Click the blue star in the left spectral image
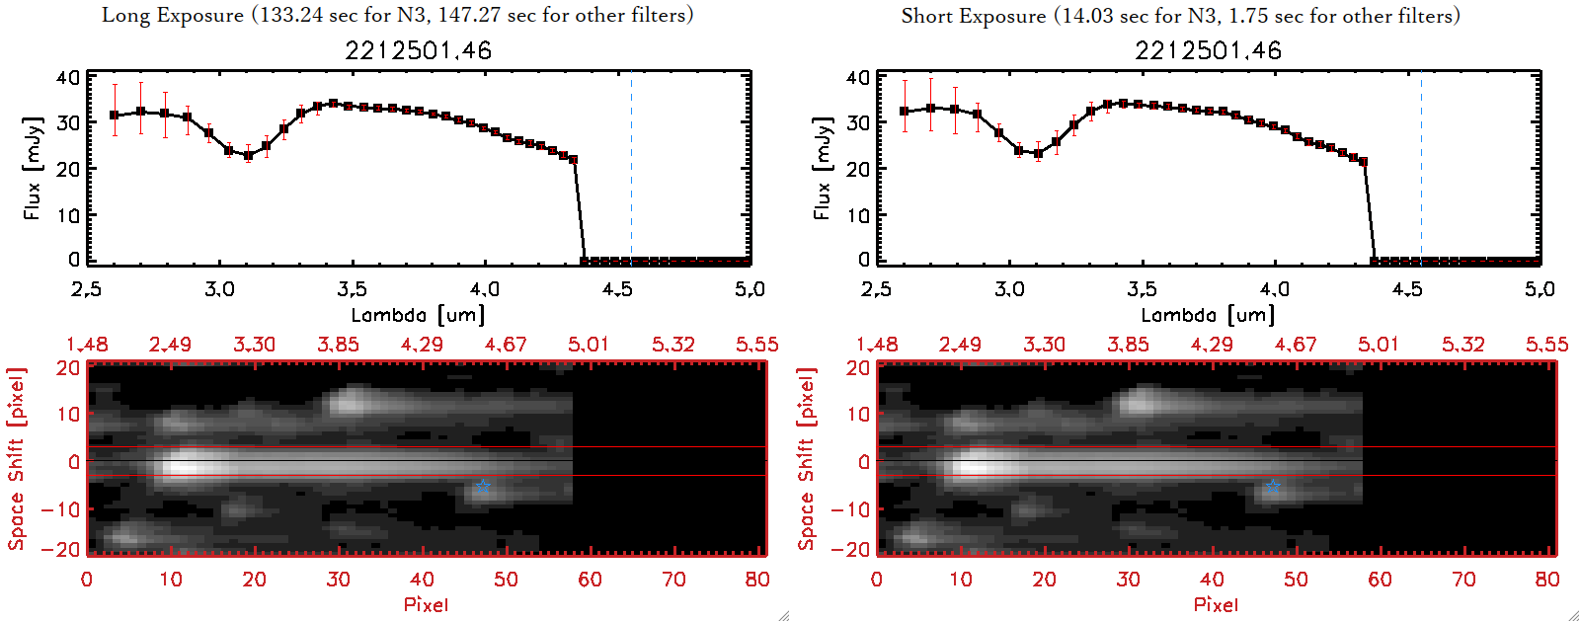coord(482,486)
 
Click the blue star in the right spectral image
coord(1272,486)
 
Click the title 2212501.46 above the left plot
coord(418,50)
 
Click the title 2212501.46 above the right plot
coord(1208,50)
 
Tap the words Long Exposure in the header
coord(173,16)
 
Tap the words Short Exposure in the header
coord(973,16)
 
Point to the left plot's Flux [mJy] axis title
coord(33,168)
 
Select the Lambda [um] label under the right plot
coord(1208,315)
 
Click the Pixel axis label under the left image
coord(426,604)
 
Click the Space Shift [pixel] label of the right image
coord(807,459)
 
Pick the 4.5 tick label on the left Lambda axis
coord(617,289)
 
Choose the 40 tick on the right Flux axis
coord(858,77)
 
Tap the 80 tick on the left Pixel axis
coord(757,580)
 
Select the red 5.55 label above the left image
coord(756,345)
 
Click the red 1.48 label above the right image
coord(877,345)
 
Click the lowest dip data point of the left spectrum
coord(249,155)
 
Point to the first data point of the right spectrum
coord(905,112)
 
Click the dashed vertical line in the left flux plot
coord(631,168)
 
